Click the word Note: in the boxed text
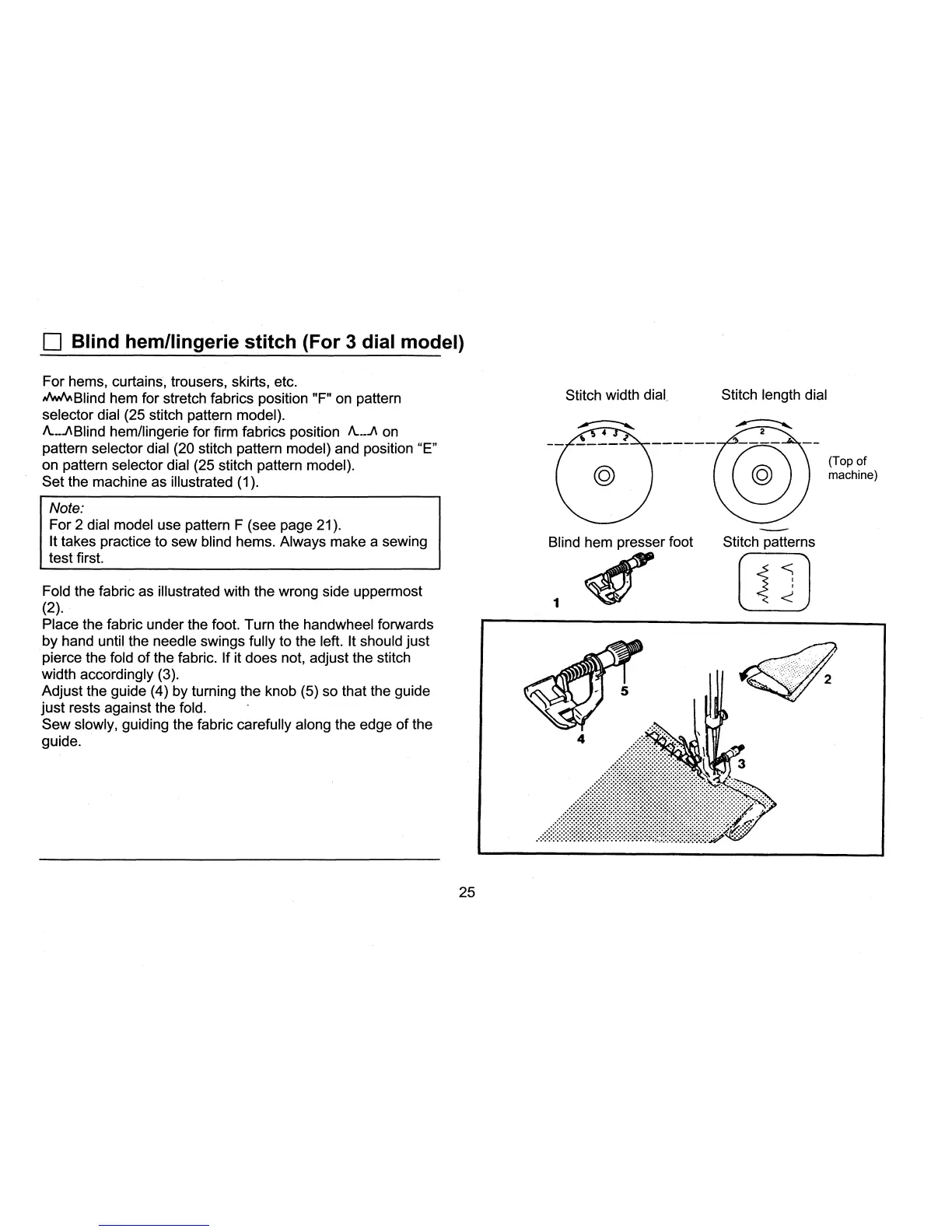[x=66, y=508]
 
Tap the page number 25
[x=467, y=892]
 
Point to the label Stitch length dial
[x=774, y=395]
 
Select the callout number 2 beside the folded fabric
[x=828, y=680]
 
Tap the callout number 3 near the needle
[x=741, y=764]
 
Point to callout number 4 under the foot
[x=580, y=740]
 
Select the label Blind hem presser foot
[x=620, y=542]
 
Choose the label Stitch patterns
[x=768, y=542]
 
